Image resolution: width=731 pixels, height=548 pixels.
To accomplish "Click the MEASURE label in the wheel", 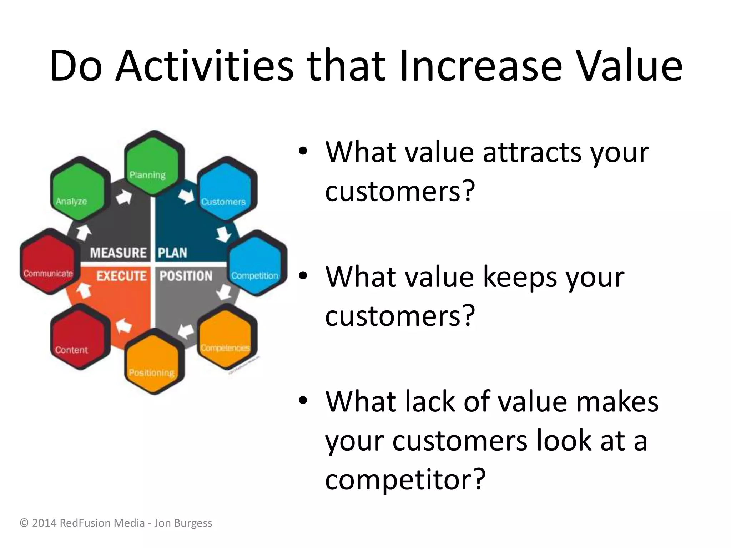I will (x=118, y=253).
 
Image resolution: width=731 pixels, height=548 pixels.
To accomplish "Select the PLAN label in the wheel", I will (x=172, y=253).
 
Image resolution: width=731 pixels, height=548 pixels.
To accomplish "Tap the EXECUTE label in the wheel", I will (x=121, y=276).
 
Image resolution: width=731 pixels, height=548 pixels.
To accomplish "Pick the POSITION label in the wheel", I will (x=186, y=276).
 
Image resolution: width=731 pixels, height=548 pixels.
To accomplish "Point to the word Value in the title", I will (x=630, y=66).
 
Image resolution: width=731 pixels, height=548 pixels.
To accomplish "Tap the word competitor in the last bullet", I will (x=405, y=479).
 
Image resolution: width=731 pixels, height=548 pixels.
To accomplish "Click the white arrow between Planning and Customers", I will (x=186, y=196).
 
